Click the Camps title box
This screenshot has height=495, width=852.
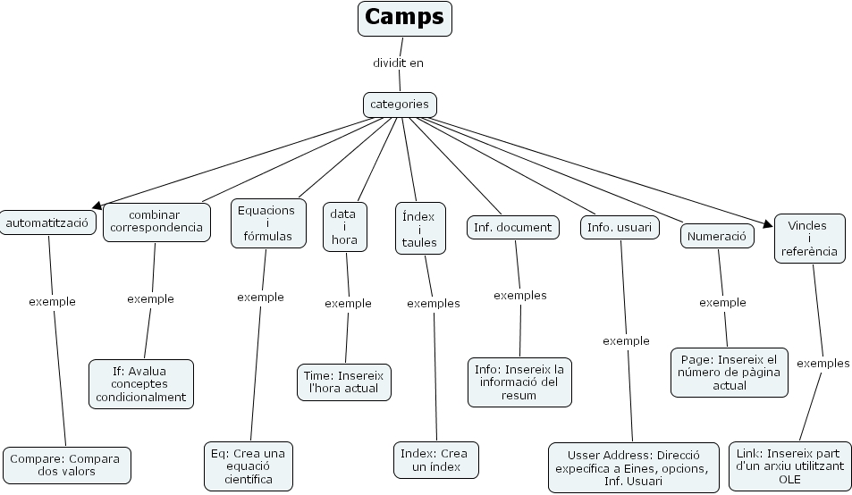coord(405,18)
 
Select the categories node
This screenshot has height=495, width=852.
coord(400,105)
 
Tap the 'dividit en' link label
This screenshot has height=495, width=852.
coord(398,63)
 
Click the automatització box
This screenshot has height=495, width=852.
coord(47,222)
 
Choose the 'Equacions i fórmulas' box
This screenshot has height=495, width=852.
coord(266,223)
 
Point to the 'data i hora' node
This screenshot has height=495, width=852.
coord(343,227)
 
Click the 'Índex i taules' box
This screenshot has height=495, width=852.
coord(418,229)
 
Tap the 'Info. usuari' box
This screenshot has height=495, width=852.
coord(620,227)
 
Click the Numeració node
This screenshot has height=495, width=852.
coord(717,236)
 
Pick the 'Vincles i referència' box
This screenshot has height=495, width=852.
coord(808,238)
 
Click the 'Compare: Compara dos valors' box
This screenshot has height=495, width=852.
coord(67,465)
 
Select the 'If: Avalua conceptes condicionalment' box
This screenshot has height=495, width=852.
coord(141,383)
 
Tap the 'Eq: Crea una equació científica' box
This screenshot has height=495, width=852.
coord(249,466)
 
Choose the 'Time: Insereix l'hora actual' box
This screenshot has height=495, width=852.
coord(344,382)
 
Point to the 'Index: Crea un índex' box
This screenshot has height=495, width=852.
coord(434,459)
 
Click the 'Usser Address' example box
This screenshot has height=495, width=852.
coord(633,467)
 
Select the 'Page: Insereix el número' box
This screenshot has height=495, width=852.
coord(730,372)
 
